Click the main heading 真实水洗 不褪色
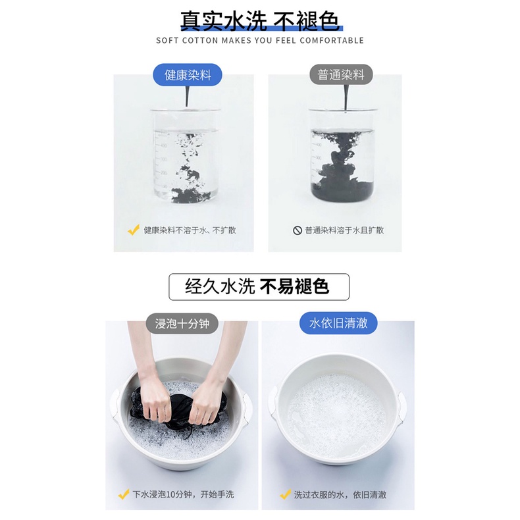pyautogui.click(x=260, y=21)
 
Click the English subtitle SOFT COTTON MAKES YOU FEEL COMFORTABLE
pyautogui.click(x=260, y=40)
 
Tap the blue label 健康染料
pyautogui.click(x=188, y=75)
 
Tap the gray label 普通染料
pyautogui.click(x=341, y=74)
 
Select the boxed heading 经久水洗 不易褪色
pyautogui.click(x=259, y=287)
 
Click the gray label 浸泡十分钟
pyautogui.click(x=182, y=323)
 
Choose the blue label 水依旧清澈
pyautogui.click(x=338, y=323)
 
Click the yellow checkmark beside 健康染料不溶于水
pyautogui.click(x=134, y=230)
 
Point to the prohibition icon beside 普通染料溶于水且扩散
pyautogui.click(x=297, y=230)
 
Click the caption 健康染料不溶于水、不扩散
pyautogui.click(x=190, y=230)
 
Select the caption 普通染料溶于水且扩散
pyautogui.click(x=344, y=230)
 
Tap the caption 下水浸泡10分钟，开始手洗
pyautogui.click(x=183, y=494)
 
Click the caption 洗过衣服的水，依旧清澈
pyautogui.click(x=340, y=495)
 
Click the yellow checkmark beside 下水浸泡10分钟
pyautogui.click(x=124, y=494)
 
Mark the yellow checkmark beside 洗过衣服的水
pyautogui.click(x=285, y=494)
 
